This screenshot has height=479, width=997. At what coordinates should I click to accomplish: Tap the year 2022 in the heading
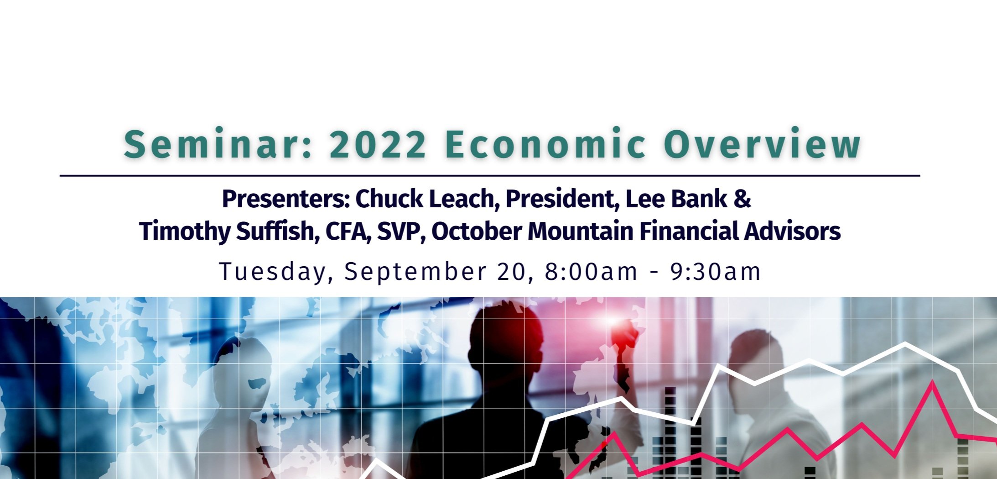pyautogui.click(x=377, y=144)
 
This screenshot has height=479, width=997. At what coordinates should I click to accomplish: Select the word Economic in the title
pyautogui.click(x=545, y=144)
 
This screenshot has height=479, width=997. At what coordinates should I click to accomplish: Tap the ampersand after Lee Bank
pyautogui.click(x=743, y=199)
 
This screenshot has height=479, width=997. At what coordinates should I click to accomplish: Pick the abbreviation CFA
pyautogui.click(x=348, y=231)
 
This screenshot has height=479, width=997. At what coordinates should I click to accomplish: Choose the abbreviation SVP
pyautogui.click(x=401, y=231)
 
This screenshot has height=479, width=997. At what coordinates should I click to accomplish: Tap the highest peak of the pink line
pyautogui.click(x=933, y=383)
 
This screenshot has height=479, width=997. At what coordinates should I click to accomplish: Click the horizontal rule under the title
pyautogui.click(x=490, y=175)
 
